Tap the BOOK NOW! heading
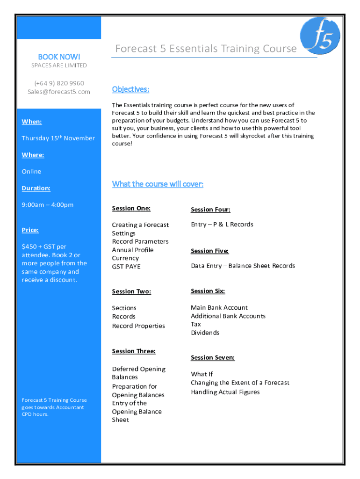(x=59, y=56)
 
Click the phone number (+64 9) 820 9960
(x=59, y=83)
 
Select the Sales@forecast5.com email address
(x=59, y=92)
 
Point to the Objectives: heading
(x=130, y=89)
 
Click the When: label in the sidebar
(x=32, y=122)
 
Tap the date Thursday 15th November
(x=58, y=138)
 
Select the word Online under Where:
(x=31, y=171)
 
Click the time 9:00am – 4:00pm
(x=48, y=204)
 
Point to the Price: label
(x=30, y=230)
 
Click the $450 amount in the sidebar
(x=31, y=247)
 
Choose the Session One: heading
(x=131, y=208)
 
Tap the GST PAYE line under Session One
(x=126, y=266)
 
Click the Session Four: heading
(x=210, y=210)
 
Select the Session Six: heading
(x=208, y=291)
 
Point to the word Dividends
(x=205, y=333)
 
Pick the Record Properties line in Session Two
(x=138, y=326)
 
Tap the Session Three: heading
(x=134, y=351)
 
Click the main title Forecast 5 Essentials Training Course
(x=206, y=49)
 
